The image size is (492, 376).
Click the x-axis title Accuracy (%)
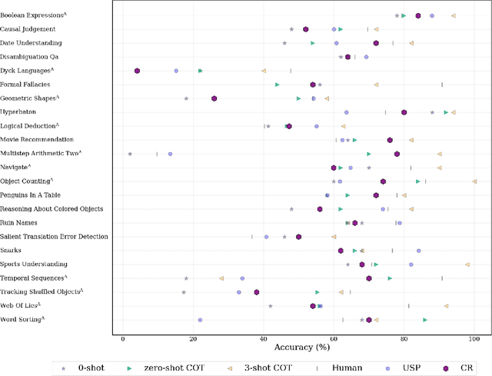298,350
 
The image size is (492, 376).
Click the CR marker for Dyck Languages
137,71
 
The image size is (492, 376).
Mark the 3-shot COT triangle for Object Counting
474,181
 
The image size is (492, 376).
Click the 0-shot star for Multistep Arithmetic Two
130,154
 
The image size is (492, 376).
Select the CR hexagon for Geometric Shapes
214,98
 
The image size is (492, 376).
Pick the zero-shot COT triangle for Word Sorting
425,320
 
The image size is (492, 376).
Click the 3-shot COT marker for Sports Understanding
467,265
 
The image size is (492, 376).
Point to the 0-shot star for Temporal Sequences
186,278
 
